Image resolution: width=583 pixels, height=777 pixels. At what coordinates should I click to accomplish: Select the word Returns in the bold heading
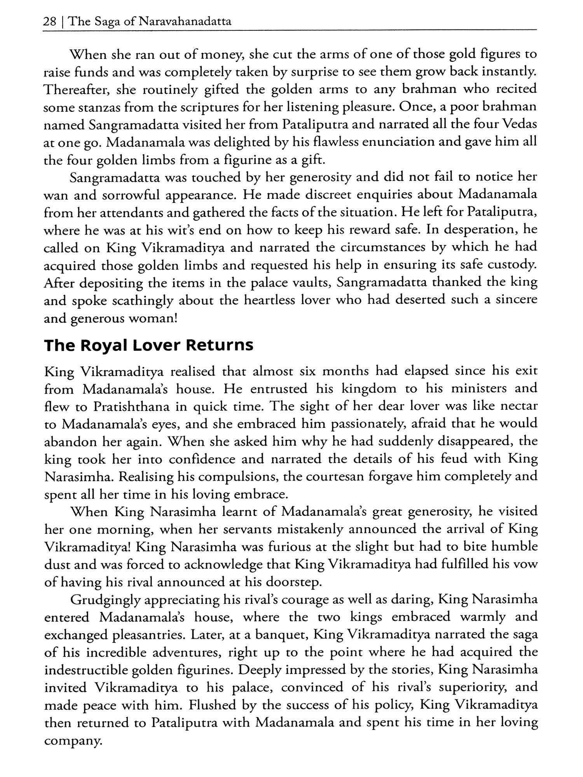[220, 345]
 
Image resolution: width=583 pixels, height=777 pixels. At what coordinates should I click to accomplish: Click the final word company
[73, 742]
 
